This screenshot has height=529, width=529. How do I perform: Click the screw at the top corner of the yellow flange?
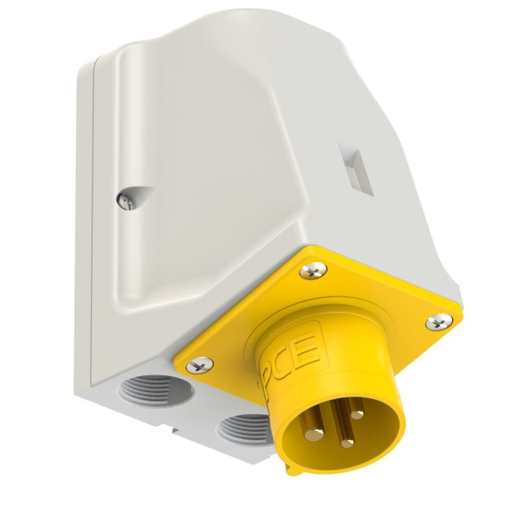pyautogui.click(x=313, y=272)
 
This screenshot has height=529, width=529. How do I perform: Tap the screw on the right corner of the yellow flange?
pyautogui.click(x=439, y=321)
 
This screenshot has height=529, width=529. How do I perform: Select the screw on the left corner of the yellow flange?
pyautogui.click(x=200, y=364)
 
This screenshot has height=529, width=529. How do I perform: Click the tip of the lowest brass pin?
pyautogui.click(x=346, y=443)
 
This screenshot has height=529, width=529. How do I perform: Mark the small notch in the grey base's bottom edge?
pyautogui.click(x=175, y=432)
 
